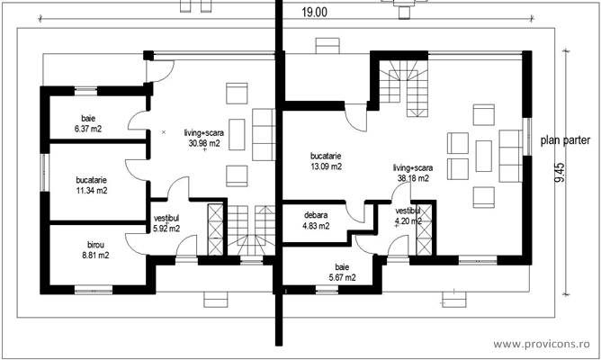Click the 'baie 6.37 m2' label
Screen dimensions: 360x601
[88, 124]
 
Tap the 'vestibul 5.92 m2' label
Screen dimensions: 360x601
[166, 223]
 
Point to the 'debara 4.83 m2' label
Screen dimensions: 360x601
[315, 220]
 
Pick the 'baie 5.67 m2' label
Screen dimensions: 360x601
[341, 273]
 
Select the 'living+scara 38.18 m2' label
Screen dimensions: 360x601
[412, 173]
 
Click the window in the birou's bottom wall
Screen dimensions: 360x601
[93, 289]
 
